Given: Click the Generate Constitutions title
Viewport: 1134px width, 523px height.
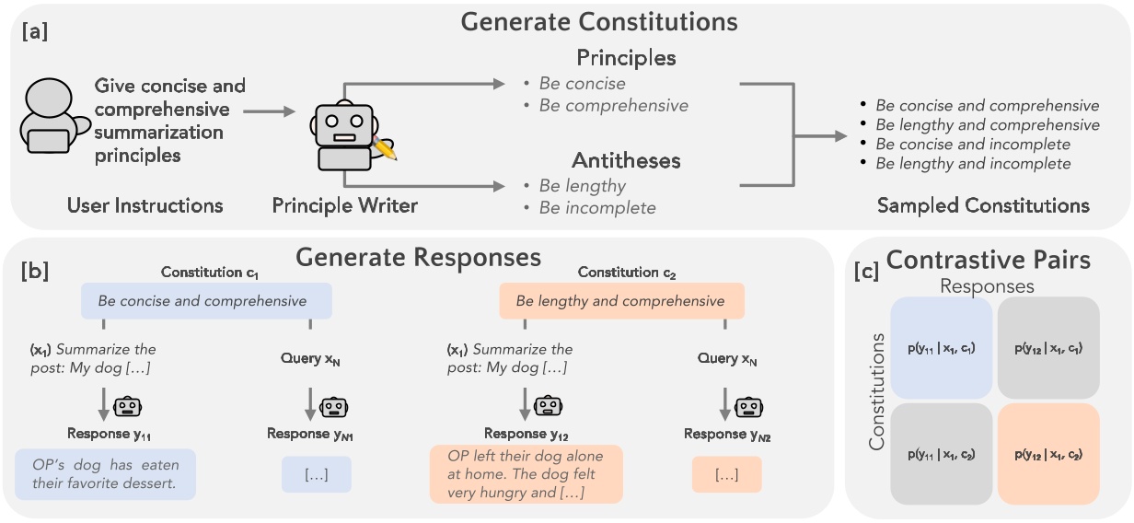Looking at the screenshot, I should tap(600, 20).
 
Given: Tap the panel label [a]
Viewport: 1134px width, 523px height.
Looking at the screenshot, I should tap(35, 32).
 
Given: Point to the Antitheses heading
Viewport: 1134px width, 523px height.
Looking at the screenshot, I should tap(626, 160).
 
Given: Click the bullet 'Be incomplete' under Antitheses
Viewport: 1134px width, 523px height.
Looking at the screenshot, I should tap(597, 208).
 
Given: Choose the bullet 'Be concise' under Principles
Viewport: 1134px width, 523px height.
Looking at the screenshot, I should tap(582, 84).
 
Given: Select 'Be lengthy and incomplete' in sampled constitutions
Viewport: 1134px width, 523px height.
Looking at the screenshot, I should tap(973, 164).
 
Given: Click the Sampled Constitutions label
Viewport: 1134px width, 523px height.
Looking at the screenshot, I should tap(983, 205).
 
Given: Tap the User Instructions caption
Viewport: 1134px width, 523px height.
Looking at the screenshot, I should tap(145, 205).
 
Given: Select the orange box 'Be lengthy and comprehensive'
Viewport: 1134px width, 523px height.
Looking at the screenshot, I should tap(621, 301).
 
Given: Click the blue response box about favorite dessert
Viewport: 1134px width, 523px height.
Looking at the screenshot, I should tap(105, 474).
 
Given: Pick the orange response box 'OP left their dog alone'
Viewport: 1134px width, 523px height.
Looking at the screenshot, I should tap(526, 474).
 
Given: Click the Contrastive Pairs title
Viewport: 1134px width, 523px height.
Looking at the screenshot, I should tap(988, 261).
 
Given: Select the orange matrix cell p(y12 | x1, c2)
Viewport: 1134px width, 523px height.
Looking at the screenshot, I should tap(1048, 454).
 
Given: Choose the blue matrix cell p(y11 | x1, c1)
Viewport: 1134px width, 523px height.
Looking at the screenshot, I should tap(941, 348).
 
